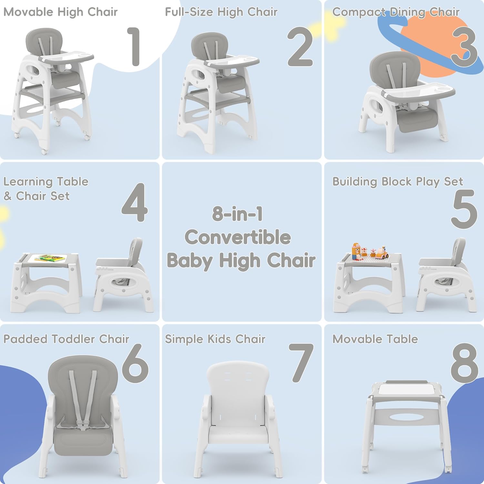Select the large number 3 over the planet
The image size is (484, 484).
pos(464,47)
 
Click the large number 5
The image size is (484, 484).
pos(464,209)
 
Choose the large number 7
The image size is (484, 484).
pos(301,363)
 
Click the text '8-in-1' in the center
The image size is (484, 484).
pos(237,214)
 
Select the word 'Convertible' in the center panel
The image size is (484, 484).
pos(237,237)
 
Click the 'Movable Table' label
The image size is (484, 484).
pos(375,339)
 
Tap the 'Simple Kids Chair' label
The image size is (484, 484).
pos(215,339)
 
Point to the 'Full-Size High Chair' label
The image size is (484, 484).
pos(221,12)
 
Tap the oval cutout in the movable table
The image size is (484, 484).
pos(407,417)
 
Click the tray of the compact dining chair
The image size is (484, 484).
pos(419,92)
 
